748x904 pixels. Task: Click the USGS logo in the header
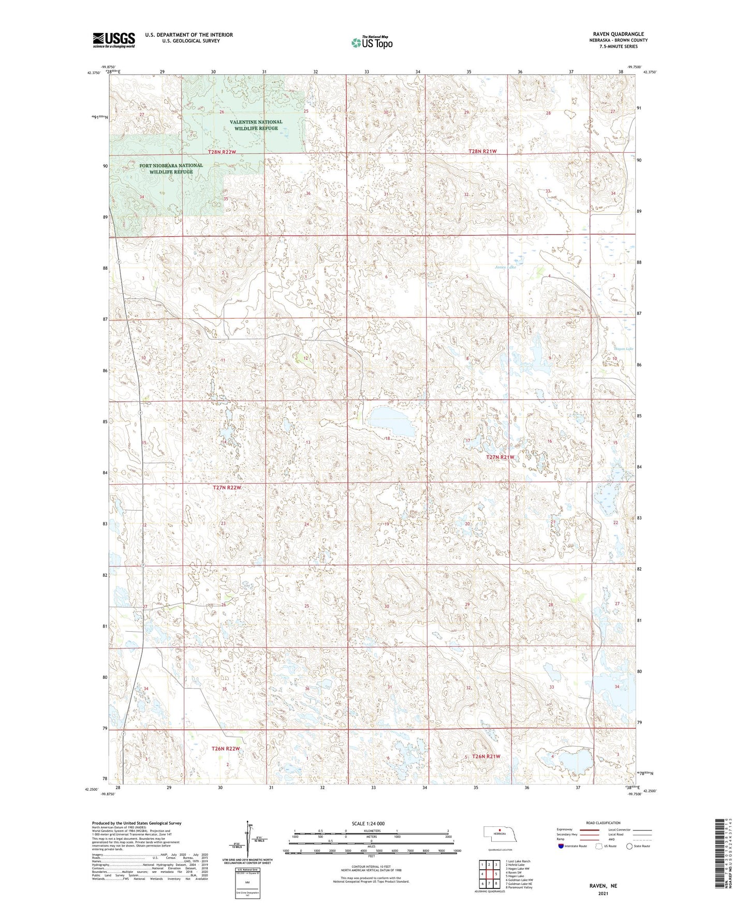click(114, 40)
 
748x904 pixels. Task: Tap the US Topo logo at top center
click(371, 42)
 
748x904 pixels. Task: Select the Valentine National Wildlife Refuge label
click(256, 125)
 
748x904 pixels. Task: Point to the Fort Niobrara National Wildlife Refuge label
click(171, 168)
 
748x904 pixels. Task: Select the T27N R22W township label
click(227, 488)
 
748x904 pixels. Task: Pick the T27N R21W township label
click(500, 457)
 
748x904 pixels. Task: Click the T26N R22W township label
click(226, 749)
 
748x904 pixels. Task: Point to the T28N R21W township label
click(482, 151)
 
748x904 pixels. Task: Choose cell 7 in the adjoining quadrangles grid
click(489, 883)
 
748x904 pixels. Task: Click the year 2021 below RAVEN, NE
click(603, 893)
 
